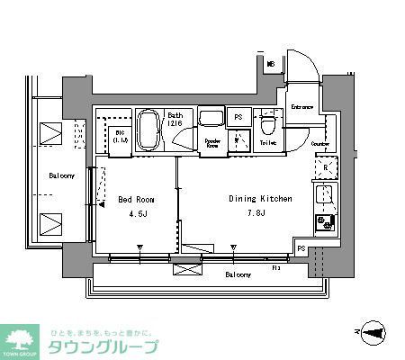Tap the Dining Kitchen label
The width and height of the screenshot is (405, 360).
(x=257, y=199)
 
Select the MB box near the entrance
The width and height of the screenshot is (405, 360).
(x=271, y=65)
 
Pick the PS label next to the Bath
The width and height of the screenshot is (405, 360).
(x=238, y=117)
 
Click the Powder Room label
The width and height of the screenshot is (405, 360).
(x=212, y=141)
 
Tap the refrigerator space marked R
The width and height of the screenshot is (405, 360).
(x=325, y=166)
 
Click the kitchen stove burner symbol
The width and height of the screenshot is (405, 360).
(x=325, y=221)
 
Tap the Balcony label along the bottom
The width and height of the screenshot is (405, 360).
(x=238, y=274)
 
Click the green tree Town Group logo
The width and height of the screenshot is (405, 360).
(x=21, y=340)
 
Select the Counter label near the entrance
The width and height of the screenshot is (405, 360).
(x=319, y=143)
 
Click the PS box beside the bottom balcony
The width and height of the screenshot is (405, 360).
(x=301, y=248)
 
